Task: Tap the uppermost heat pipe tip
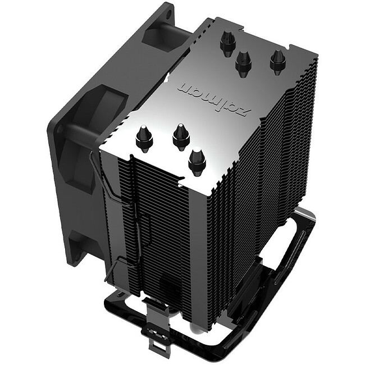(x=227, y=42)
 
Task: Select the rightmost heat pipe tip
(x=277, y=61)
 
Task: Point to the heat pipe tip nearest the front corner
(x=197, y=159)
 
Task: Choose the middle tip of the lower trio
(x=180, y=135)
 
